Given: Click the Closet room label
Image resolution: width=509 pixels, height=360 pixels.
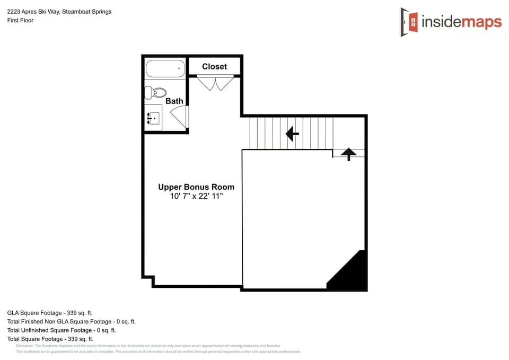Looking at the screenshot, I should (x=214, y=66).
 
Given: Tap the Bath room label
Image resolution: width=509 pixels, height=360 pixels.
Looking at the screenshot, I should (x=174, y=101).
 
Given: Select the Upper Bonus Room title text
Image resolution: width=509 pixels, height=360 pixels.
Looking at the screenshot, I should (x=196, y=187).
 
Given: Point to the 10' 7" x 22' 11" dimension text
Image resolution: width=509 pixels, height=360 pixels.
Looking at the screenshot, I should (x=196, y=196).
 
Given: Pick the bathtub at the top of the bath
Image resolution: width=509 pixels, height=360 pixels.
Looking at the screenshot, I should (x=165, y=68).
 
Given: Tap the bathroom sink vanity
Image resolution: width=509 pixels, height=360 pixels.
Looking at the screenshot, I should (x=153, y=117).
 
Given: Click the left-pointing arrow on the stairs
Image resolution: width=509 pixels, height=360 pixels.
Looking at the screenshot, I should (x=292, y=134).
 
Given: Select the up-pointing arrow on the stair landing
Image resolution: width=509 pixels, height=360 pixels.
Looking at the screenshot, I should (x=348, y=154).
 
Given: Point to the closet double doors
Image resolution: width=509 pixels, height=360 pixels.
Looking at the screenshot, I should (x=215, y=83).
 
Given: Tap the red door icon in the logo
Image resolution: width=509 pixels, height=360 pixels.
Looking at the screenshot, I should (x=409, y=22).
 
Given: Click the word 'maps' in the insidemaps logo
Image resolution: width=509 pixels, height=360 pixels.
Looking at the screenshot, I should (x=481, y=22).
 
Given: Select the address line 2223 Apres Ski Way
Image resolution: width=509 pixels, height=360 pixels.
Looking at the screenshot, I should (x=59, y=12).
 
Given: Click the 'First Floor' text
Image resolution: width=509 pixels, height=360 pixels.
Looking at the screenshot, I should (x=20, y=20).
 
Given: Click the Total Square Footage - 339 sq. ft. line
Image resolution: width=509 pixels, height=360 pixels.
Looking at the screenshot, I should (x=50, y=339).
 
